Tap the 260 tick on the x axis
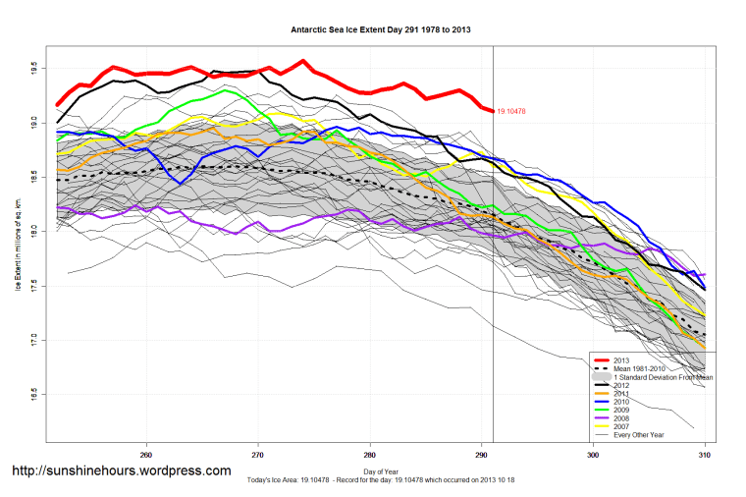coord(146,454)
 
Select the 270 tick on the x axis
coord(257,454)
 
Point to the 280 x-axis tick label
coord(369,454)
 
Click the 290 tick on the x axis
coord(481,454)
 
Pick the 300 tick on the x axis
coord(593,454)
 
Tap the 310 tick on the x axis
coord(704,454)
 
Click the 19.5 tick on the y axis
coord(33,68)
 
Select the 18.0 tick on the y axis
coord(33,232)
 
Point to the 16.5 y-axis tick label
coord(33,396)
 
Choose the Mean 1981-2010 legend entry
coord(647,368)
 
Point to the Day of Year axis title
coord(374,472)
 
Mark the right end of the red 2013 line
coord(493,111)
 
